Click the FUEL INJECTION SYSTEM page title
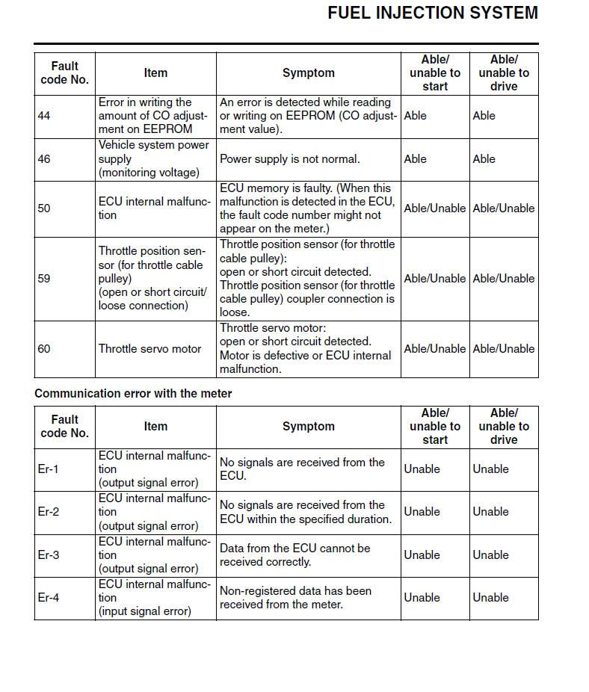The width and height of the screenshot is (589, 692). [432, 13]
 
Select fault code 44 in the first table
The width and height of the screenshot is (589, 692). [44, 116]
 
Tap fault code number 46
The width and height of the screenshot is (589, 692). [44, 159]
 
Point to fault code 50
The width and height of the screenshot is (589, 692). [44, 208]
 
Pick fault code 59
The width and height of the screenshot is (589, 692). [44, 279]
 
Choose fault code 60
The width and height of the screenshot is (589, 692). [44, 349]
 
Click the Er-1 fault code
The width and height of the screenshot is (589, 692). [48, 469]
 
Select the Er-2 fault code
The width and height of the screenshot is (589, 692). [48, 512]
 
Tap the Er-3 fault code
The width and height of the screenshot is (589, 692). [48, 555]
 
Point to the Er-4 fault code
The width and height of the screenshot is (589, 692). [48, 598]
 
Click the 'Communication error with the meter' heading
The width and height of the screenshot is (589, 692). [133, 393]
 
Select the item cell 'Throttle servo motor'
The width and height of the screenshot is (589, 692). [149, 349]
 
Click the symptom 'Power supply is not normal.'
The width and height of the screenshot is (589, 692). [289, 159]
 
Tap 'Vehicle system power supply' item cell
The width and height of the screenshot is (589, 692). [153, 159]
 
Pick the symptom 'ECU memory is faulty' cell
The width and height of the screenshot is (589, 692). [306, 208]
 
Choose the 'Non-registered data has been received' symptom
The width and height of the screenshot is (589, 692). [295, 598]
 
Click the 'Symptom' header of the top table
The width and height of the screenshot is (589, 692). [308, 73]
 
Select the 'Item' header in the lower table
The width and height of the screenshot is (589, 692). [155, 427]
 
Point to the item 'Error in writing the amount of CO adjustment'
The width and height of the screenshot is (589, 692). [152, 116]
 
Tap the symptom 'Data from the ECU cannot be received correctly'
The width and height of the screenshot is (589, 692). [294, 555]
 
